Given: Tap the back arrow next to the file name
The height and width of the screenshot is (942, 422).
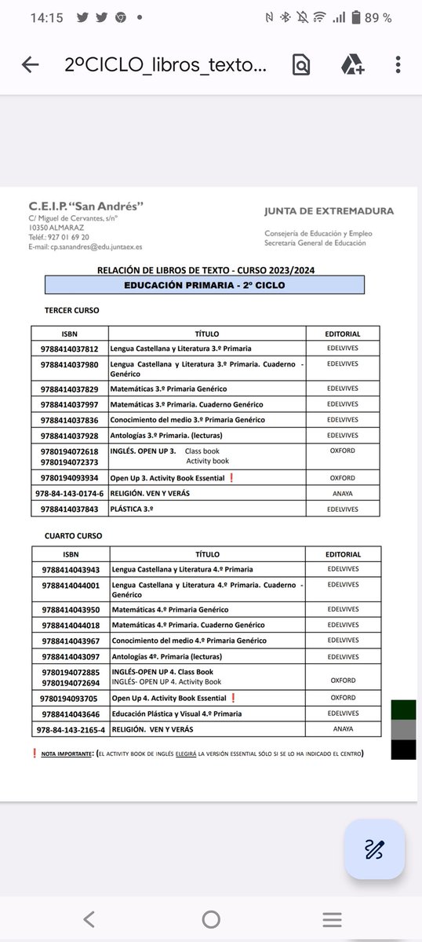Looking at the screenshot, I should point(31,65).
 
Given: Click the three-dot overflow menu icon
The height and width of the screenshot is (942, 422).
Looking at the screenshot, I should point(398,65).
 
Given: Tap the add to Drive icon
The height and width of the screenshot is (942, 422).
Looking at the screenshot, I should point(351,65).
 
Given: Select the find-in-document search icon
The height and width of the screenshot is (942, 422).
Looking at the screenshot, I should point(300,65).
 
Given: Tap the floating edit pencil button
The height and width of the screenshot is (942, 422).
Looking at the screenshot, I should point(374,849).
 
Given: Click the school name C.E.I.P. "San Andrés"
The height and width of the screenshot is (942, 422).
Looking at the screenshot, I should point(86,206).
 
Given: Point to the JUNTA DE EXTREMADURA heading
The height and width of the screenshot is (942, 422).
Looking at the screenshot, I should point(329,211).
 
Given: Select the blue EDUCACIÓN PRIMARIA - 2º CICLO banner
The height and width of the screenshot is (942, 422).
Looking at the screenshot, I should point(205,285).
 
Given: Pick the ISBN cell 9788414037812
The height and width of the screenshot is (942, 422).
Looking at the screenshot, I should point(69,349).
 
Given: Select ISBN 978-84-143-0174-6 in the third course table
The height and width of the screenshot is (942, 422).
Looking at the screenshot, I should point(70,494).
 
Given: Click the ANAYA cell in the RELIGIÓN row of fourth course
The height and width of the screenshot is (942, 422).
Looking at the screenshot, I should point(342,729).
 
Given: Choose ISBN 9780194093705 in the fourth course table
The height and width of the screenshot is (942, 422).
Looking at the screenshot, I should point(69,698).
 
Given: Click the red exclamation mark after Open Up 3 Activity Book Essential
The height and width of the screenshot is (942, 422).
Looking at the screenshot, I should point(231,478).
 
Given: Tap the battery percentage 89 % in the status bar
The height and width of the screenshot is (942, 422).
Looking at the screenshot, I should point(377,17).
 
